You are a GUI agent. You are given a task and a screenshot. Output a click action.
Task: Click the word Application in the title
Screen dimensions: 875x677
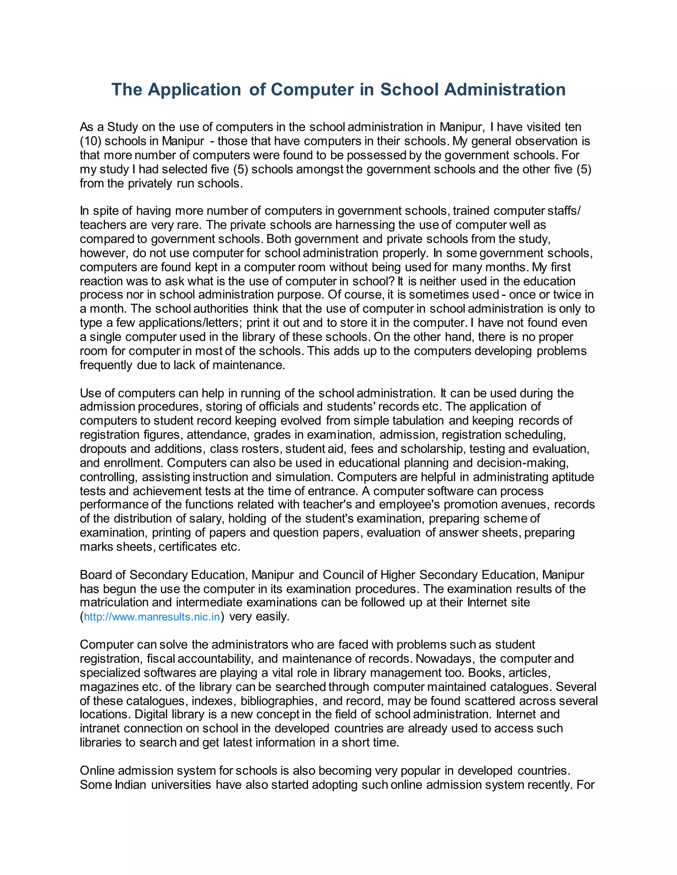click(194, 90)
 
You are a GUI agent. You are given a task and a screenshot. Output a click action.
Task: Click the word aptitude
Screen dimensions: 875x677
click(573, 477)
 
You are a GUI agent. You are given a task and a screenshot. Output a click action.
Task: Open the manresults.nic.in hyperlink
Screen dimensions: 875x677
click(152, 617)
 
